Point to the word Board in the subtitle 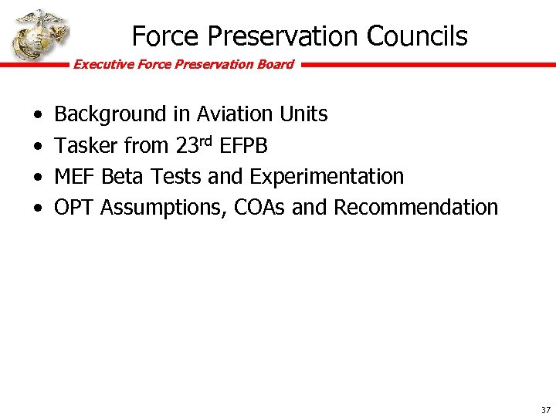[x=275, y=64]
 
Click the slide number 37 [x=546, y=410]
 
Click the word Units [x=304, y=114]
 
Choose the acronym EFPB [x=244, y=145]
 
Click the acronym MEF [x=75, y=176]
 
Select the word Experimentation [x=326, y=176]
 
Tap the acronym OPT [x=75, y=207]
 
